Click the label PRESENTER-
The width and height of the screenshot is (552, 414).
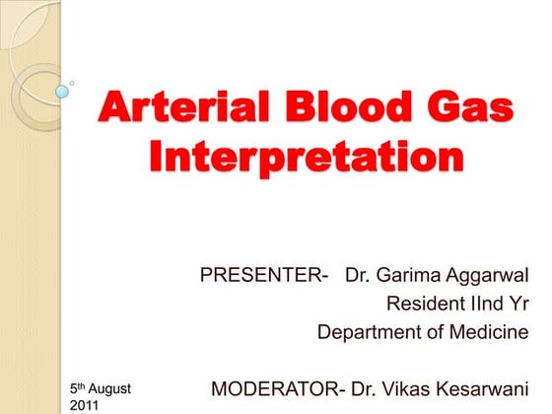click(x=264, y=273)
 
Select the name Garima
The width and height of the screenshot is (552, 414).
click(x=409, y=273)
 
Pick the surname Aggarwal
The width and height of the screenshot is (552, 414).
click(x=489, y=273)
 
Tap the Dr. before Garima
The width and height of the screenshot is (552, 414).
click(x=358, y=273)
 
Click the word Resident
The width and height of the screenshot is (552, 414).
click(x=425, y=303)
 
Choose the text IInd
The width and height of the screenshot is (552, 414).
click(x=486, y=303)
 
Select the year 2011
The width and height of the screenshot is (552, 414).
click(x=87, y=405)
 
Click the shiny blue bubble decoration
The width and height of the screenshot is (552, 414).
click(x=62, y=92)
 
